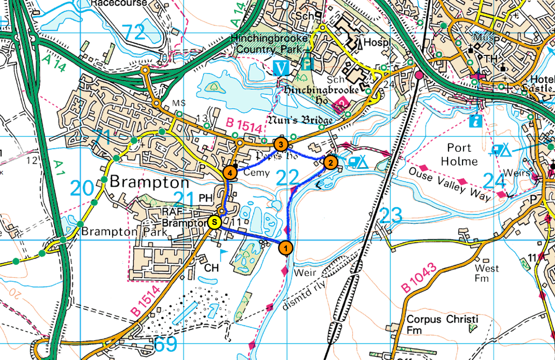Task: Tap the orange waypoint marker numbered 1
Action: [x=286, y=248]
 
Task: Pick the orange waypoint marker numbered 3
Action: [x=280, y=144]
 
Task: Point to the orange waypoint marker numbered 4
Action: [x=229, y=173]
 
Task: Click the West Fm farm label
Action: [x=486, y=273]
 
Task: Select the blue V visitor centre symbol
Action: [x=280, y=68]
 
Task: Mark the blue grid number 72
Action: [x=133, y=33]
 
